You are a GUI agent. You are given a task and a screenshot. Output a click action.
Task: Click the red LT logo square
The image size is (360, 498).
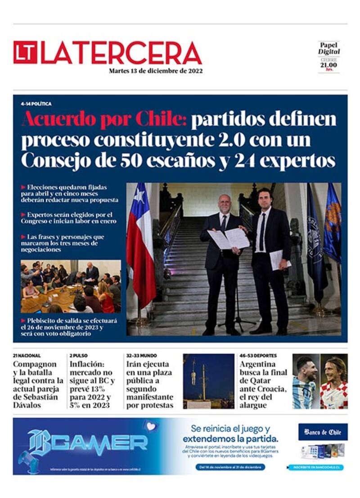25,53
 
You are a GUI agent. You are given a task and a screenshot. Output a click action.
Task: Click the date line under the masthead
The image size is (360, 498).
155,71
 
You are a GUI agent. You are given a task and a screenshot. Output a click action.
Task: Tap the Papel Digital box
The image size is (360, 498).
329,56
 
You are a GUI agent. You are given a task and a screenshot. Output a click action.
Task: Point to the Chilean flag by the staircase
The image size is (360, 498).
140,243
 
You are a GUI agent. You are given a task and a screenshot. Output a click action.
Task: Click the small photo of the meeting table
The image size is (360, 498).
71,287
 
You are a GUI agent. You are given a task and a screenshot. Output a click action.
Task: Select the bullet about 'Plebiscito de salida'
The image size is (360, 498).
70,327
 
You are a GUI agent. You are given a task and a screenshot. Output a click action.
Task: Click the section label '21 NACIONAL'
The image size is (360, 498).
27,355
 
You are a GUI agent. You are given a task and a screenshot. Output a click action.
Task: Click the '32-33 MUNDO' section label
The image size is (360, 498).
142,355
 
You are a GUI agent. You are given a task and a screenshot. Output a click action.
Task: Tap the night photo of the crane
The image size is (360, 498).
208,381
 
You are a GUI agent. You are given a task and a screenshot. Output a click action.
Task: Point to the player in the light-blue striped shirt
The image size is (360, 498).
305,382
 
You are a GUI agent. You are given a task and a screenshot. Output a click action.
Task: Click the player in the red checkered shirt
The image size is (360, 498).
334,382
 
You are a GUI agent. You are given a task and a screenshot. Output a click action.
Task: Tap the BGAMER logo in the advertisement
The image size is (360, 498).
88,443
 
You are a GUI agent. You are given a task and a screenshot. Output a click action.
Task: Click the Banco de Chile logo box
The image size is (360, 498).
323,432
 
